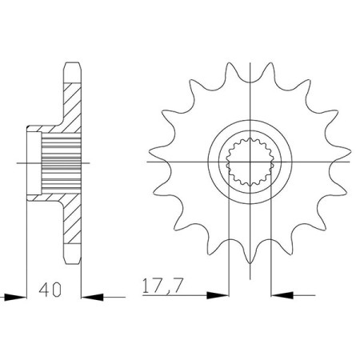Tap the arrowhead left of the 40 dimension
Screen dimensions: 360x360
[x=10, y=296]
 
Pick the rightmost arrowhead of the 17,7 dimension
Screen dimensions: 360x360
[x=281, y=296]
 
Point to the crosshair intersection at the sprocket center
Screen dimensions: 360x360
[x=250, y=163]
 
